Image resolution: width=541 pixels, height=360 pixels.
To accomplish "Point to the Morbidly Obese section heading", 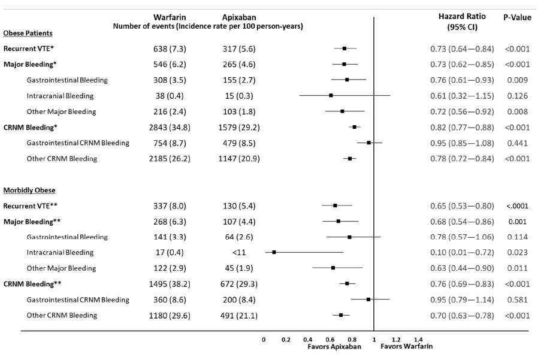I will tap(29, 190).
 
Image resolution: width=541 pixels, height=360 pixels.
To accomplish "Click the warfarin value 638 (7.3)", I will tap(170, 48).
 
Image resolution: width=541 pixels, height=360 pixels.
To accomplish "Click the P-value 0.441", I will tap(516, 143).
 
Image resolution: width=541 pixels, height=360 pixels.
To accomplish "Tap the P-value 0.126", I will tap(516, 95).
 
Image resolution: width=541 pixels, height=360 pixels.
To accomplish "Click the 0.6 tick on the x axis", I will tap(330, 340).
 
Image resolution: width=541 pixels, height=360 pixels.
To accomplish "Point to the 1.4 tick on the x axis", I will tap(418, 340).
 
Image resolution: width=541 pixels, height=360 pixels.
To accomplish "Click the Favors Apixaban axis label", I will tap(334, 347).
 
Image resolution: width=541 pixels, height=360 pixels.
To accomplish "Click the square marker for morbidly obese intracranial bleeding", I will tap(274, 252).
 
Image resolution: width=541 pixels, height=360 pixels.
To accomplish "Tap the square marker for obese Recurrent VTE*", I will tap(344, 48).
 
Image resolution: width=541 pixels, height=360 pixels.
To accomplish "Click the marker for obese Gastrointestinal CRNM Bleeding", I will tap(368, 143).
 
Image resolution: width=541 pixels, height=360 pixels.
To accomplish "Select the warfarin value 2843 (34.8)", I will tap(170, 127).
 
